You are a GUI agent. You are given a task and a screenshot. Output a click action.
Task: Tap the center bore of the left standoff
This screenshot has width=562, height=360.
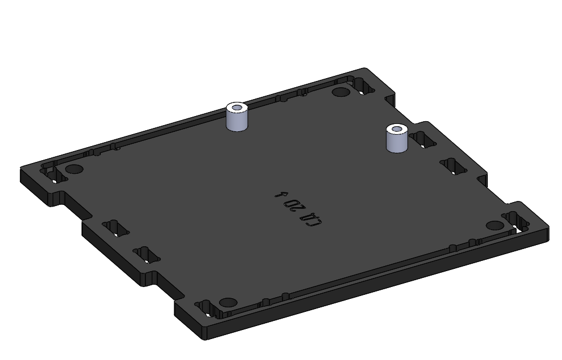pyautogui.click(x=238, y=107)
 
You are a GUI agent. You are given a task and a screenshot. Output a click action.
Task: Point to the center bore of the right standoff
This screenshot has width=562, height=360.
pyautogui.click(x=397, y=129)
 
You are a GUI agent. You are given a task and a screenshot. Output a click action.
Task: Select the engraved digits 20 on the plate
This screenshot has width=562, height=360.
pyautogui.click(x=293, y=205)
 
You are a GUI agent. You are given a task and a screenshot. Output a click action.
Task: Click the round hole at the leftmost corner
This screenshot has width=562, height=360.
pyautogui.click(x=74, y=169)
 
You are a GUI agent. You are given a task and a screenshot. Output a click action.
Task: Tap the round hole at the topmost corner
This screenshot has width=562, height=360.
pyautogui.click(x=340, y=92)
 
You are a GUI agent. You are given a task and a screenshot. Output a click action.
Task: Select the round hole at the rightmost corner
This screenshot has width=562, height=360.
pyautogui.click(x=494, y=225)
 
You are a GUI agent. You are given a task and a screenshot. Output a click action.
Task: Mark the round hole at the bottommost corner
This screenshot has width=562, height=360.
pyautogui.click(x=227, y=302)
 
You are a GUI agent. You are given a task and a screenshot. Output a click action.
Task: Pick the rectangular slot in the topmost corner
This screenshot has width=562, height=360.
pyautogui.click(x=364, y=86)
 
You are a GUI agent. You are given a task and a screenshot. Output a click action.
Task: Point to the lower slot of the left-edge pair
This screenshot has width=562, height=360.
pyautogui.click(x=147, y=255)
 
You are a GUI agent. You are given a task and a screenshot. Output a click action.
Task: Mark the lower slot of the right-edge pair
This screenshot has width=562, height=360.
pyautogui.click(x=454, y=166)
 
